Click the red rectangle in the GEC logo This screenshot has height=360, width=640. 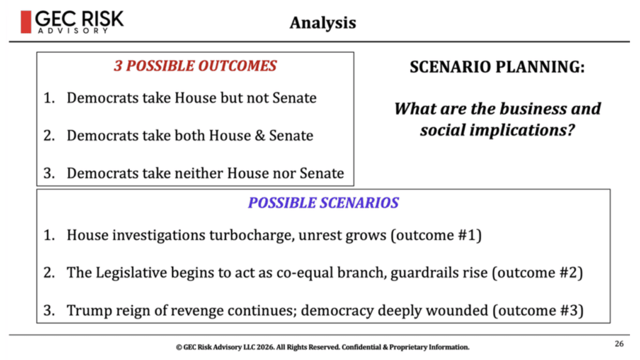click(x=26, y=22)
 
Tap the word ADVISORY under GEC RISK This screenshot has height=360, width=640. click(x=73, y=31)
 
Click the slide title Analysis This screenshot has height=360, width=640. click(x=323, y=23)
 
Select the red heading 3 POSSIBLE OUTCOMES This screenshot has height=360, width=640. click(x=195, y=66)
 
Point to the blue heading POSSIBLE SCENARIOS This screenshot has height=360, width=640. click(x=323, y=203)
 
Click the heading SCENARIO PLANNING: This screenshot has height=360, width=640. click(x=497, y=67)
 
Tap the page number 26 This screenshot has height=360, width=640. click(x=619, y=344)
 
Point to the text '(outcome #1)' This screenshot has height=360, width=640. click(x=436, y=236)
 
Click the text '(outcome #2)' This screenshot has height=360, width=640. click(x=537, y=273)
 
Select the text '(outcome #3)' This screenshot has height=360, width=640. click(x=538, y=311)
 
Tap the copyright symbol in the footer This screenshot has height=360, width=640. click(x=179, y=347)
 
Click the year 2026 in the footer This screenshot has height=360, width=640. click(x=265, y=347)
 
